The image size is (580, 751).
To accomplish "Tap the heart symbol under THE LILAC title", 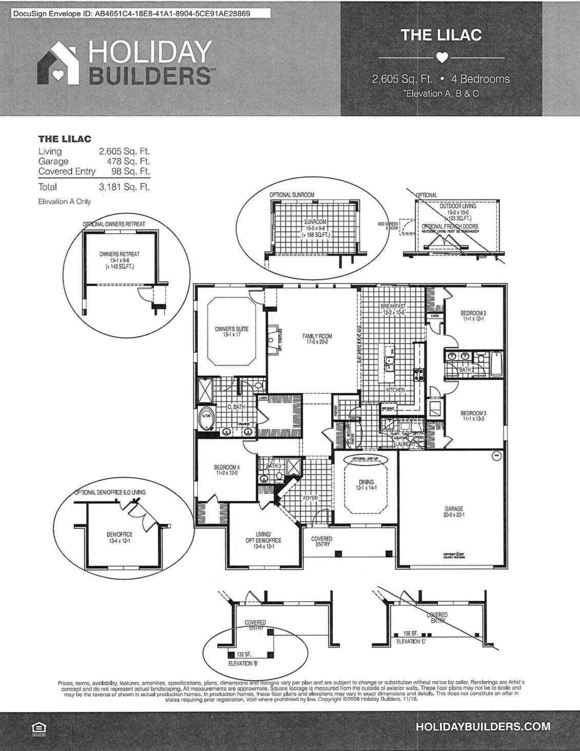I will (442, 57).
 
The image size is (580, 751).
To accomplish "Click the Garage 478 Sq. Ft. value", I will (128, 161).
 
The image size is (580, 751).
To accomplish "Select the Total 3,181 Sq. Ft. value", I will (124, 187).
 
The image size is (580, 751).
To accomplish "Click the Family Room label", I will (317, 338).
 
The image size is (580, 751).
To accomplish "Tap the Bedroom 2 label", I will (473, 316).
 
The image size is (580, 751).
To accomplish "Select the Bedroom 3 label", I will (473, 416).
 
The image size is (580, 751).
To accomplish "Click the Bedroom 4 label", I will (226, 470).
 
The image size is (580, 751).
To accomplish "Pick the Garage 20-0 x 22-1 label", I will (453, 512).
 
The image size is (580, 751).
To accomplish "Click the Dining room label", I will (366, 485).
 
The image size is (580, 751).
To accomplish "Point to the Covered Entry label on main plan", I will (322, 541).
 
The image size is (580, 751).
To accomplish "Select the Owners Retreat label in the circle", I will (119, 260).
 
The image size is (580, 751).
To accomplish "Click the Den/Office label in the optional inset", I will (119, 537).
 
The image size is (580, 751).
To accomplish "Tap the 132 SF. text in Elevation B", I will (244, 655).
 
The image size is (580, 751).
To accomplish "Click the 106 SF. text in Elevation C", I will (411, 634).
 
